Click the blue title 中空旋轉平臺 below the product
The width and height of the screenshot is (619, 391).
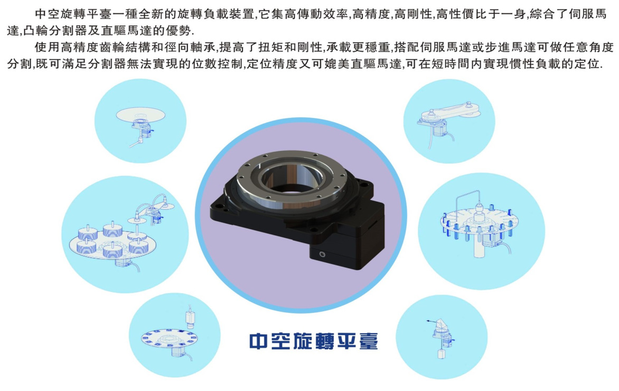click(314, 341)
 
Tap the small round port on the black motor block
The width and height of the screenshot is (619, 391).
click(323, 254)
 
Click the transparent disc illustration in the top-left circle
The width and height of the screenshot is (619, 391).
click(140, 114)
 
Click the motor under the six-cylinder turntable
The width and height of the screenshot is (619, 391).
click(123, 262)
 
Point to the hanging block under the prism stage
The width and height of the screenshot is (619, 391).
click(442, 353)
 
